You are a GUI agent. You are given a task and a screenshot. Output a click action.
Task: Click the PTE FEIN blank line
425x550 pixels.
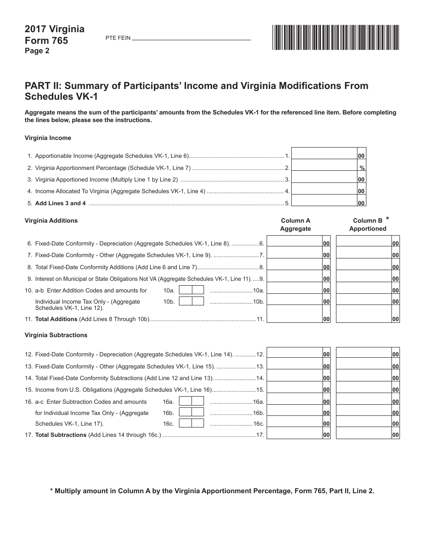pyautogui.click(x=191, y=38)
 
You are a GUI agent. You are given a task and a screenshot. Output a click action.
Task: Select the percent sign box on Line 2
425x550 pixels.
pyautogui.click(x=361, y=168)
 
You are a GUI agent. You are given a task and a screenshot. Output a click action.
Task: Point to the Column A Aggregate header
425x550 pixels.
pyautogui.click(x=295, y=224)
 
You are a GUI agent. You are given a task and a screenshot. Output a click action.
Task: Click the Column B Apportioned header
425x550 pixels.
pyautogui.click(x=368, y=224)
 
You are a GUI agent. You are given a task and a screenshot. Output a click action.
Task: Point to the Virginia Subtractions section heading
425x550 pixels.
pyautogui.click(x=56, y=335)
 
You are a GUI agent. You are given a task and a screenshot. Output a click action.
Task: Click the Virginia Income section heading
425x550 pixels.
pyautogui.click(x=48, y=138)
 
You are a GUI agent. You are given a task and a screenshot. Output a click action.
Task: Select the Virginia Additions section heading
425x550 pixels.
pyautogui.click(x=51, y=220)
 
